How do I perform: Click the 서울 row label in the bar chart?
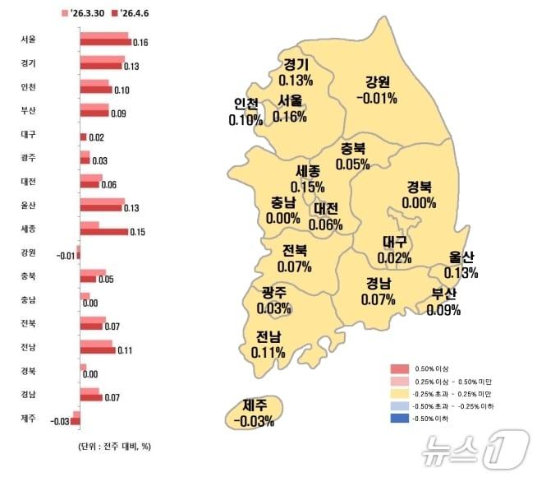(x=28, y=39)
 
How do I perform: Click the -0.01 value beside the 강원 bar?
(x=67, y=256)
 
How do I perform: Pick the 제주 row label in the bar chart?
(x=28, y=418)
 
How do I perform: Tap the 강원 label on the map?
(x=378, y=81)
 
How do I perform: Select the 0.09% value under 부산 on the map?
(x=444, y=311)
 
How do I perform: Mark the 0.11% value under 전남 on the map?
(x=268, y=353)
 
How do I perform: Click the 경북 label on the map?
(x=420, y=187)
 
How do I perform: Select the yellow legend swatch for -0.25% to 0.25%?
(x=399, y=394)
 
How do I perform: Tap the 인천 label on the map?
(x=246, y=104)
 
